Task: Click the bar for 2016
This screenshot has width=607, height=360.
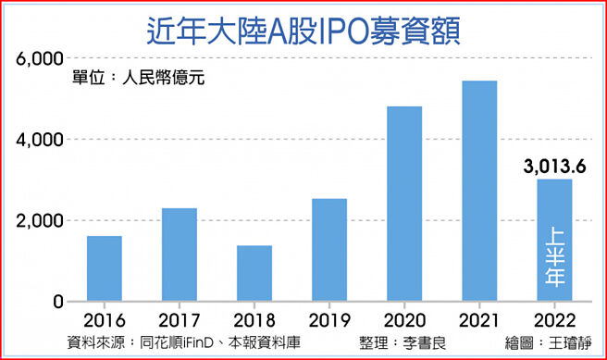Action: click(104, 268)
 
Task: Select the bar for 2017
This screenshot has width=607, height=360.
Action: click(179, 254)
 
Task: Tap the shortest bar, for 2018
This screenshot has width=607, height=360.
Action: click(254, 273)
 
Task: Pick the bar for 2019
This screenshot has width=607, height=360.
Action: click(328, 250)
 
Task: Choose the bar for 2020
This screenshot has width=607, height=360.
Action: click(404, 204)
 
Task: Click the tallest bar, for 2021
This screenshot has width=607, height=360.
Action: click(479, 191)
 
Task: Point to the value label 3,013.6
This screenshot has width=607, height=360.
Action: click(554, 168)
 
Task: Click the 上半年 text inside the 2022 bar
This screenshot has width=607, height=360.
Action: click(555, 258)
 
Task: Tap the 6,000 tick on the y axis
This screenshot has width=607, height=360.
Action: click(40, 59)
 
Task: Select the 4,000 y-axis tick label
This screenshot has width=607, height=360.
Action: click(40, 140)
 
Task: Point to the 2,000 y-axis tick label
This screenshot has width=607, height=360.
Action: click(40, 221)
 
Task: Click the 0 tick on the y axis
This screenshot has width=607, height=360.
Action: click(56, 302)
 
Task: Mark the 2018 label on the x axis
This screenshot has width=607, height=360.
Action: click(254, 320)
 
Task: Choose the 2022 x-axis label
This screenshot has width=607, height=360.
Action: click(554, 320)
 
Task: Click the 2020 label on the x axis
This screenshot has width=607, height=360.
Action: click(404, 320)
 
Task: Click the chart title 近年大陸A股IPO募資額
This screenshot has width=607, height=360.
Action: click(303, 28)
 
